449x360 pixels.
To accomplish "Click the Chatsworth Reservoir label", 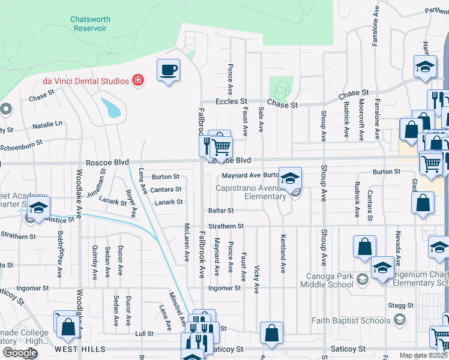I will point(90,24).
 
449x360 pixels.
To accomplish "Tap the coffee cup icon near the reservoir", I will point(168,70).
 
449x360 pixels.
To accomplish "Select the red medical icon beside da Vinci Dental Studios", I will point(138,80).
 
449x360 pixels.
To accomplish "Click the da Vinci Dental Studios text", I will point(85,81).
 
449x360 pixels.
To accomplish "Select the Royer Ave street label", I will point(130,204).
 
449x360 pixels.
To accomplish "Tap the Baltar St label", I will point(221,211).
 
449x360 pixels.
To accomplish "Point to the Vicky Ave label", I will point(257,279).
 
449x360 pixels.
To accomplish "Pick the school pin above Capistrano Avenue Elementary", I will point(289,178).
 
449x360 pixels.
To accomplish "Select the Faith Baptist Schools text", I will point(351,320).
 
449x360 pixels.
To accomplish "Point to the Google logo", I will point(19,353).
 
